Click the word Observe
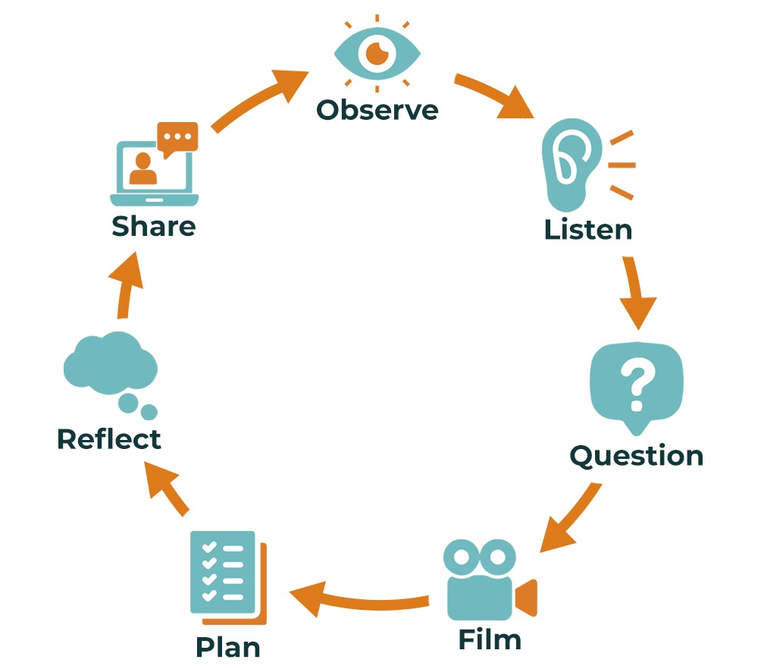[x=377, y=110]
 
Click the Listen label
[x=587, y=229]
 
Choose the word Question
[x=636, y=455]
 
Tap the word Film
[x=490, y=639]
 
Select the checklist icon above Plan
[x=226, y=576]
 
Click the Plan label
[x=228, y=647]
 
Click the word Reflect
[x=109, y=438]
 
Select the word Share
[x=154, y=226]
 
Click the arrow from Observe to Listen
[x=496, y=96]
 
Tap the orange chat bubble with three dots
[x=177, y=137]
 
